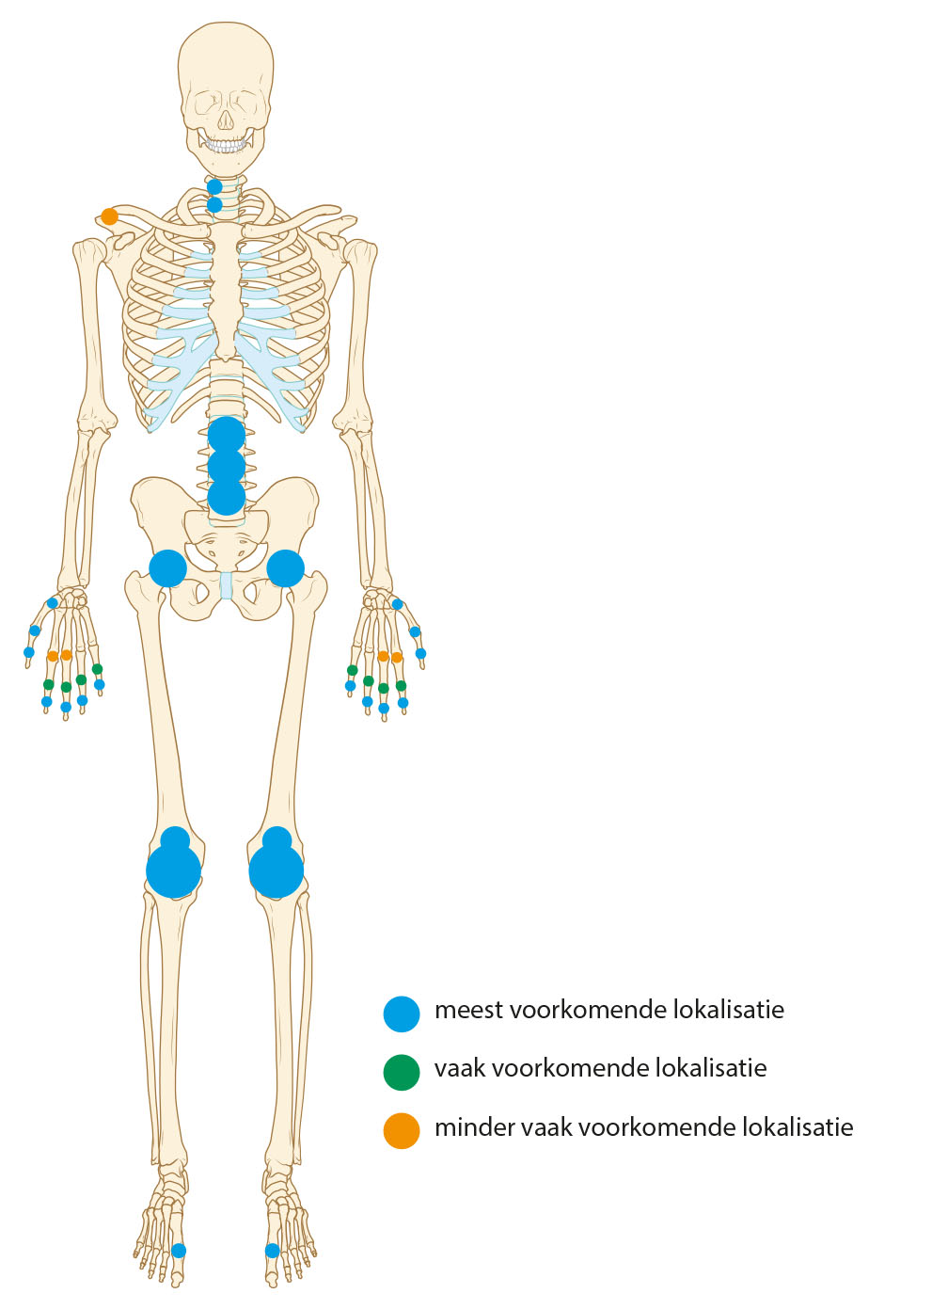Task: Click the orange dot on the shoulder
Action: (110, 216)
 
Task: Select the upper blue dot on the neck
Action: (214, 187)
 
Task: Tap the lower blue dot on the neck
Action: (214, 204)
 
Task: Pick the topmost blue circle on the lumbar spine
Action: (227, 435)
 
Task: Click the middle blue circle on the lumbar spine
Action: (227, 466)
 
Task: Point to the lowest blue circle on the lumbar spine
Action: (227, 497)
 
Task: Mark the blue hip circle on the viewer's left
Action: (168, 568)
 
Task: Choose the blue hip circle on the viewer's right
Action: (286, 568)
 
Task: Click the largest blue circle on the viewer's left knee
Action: (174, 871)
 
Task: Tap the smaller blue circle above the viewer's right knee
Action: (277, 838)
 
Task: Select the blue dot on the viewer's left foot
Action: (179, 1251)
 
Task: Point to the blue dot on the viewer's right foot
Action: (273, 1251)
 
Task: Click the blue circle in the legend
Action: (402, 1014)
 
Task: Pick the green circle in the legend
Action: (402, 1072)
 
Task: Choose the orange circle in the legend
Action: (402, 1130)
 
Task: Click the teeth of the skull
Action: (226, 146)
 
